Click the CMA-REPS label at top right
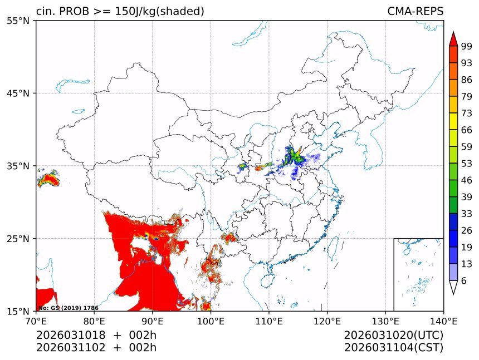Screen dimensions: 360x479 [415, 11]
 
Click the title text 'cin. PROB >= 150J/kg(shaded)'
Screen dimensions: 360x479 [120, 11]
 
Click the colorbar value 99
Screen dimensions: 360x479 [466, 47]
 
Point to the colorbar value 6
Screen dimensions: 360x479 [463, 281]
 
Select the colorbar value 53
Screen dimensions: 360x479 [466, 164]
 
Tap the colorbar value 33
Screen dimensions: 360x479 [466, 214]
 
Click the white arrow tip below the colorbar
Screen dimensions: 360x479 [453, 288]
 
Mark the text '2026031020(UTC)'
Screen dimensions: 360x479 [393, 336]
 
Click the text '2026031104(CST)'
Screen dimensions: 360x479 [393, 348]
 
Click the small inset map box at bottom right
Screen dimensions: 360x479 [418, 274]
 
